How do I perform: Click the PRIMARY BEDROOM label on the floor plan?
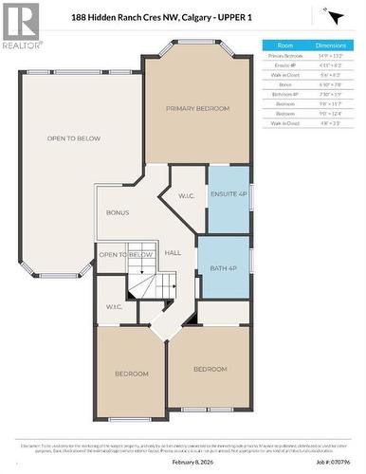click(x=198, y=109)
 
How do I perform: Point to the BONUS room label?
click(x=117, y=212)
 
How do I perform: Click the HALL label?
click(x=173, y=253)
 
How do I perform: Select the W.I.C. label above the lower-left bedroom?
click(x=115, y=306)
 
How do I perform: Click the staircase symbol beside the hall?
click(x=155, y=283)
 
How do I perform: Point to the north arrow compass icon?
click(x=332, y=16)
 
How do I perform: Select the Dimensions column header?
click(x=330, y=45)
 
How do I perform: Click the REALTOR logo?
click(x=22, y=27)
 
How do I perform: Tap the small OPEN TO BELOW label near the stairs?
click(x=126, y=255)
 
